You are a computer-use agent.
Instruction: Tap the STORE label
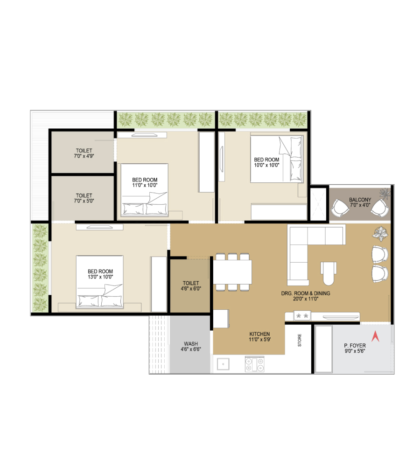pyautogui.click(x=300, y=340)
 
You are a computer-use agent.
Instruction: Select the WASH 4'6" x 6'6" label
pyautogui.click(x=191, y=346)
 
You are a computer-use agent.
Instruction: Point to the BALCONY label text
pyautogui.click(x=360, y=200)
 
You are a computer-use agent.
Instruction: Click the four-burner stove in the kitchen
pyautogui.click(x=254, y=364)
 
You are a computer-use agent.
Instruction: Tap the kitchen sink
pyautogui.click(x=223, y=364)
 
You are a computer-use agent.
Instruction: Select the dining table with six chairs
pyautogui.click(x=232, y=272)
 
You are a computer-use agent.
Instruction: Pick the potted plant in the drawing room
pyautogui.click(x=380, y=234)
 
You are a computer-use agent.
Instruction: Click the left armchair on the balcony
pyautogui.click(x=340, y=208)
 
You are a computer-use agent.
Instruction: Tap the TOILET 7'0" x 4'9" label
pyautogui.click(x=84, y=153)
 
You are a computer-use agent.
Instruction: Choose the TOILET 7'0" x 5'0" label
pyautogui.click(x=84, y=198)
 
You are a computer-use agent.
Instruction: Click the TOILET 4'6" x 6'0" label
pyautogui.click(x=191, y=285)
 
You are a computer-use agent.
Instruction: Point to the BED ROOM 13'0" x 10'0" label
pyautogui.click(x=100, y=274)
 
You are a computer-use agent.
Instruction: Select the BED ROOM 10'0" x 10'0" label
pyautogui.click(x=266, y=162)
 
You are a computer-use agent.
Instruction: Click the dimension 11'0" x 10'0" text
pyautogui.click(x=145, y=185)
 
